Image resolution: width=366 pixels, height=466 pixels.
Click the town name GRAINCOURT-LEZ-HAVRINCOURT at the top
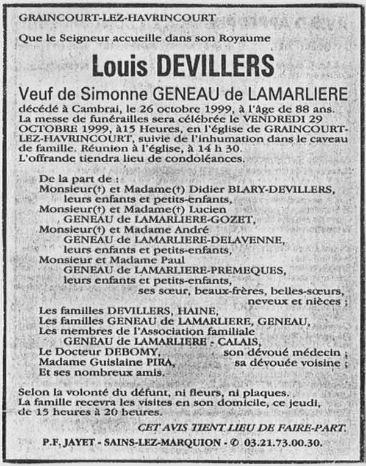tap(117, 17)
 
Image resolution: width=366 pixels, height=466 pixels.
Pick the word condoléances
tap(206, 159)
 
